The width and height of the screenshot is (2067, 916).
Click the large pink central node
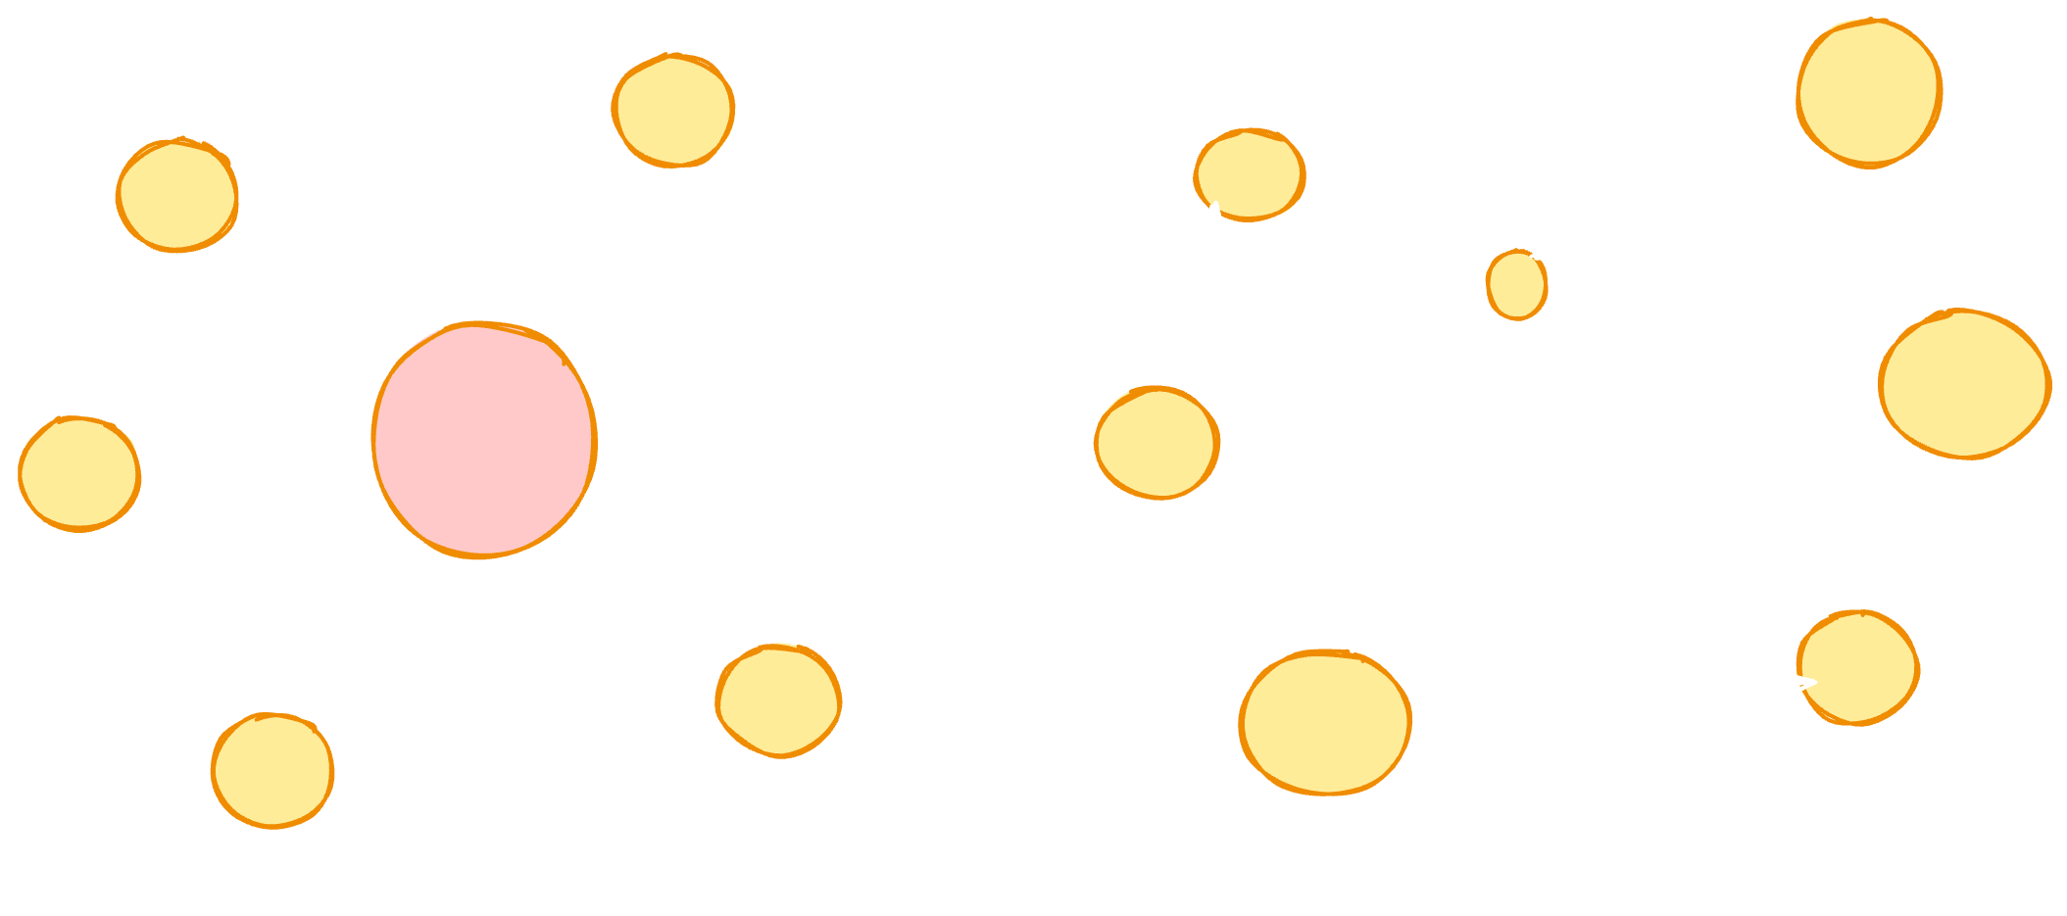484,440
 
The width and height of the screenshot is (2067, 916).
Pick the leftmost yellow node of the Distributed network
79,474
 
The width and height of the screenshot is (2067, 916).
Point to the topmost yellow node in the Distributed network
673,110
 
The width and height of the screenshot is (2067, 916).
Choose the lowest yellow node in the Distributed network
272,770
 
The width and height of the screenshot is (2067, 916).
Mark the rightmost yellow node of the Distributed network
778,700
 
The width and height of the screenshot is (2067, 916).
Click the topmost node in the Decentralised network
1869,93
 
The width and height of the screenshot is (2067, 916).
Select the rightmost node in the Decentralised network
1964,384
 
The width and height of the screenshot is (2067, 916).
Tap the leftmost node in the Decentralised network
1157,443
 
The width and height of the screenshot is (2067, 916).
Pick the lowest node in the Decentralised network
1325,722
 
